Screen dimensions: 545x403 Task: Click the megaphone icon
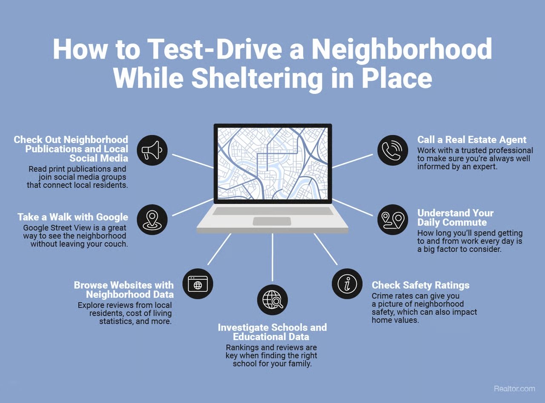tap(152, 150)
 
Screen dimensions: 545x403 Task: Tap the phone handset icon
tap(393, 150)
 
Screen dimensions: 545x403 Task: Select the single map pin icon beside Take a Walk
tap(152, 220)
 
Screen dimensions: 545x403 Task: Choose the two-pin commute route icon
tap(393, 220)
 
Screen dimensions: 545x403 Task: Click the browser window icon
tap(198, 284)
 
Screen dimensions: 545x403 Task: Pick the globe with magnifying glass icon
tap(272, 300)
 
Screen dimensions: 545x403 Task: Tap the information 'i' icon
tap(347, 284)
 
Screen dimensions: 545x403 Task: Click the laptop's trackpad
tap(272, 221)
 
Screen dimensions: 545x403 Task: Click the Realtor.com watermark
tap(514, 389)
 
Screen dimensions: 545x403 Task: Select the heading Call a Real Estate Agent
tap(472, 140)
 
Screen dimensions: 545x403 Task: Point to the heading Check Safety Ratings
tap(420, 285)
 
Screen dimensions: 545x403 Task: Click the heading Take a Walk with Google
tap(73, 217)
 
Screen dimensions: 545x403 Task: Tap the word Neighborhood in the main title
tap(402, 48)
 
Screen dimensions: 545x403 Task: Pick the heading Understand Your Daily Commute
tap(455, 218)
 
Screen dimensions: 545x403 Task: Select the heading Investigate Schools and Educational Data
tap(272, 332)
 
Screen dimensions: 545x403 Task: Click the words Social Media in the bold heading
tap(99, 158)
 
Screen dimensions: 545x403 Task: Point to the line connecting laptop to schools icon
tap(272, 257)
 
